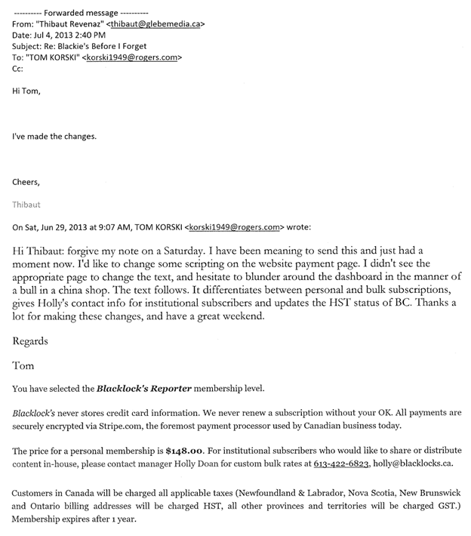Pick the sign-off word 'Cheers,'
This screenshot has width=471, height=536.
(x=28, y=182)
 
